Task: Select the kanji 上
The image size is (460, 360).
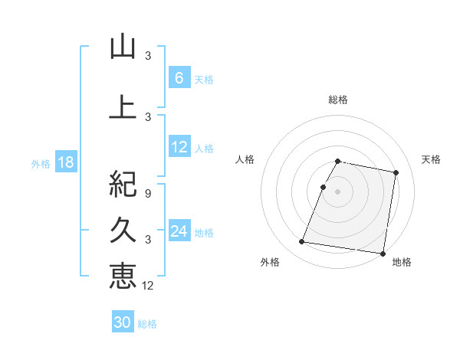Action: (x=123, y=107)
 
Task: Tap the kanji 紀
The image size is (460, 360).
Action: (x=123, y=184)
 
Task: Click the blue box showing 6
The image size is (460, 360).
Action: (x=179, y=78)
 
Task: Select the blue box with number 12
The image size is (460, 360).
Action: (x=179, y=148)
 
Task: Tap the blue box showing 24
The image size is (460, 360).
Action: (x=179, y=232)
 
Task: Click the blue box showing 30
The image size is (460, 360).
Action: (x=123, y=323)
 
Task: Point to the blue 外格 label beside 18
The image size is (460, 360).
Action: (x=40, y=164)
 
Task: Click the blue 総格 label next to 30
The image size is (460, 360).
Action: (x=147, y=324)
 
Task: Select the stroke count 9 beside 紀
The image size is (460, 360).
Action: (x=148, y=194)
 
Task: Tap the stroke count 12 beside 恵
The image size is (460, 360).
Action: (x=148, y=286)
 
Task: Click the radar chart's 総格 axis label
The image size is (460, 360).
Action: (x=338, y=100)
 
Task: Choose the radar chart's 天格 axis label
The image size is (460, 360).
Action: (x=432, y=159)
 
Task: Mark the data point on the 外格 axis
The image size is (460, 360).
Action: (x=302, y=242)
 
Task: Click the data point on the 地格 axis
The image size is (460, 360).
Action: (x=382, y=253)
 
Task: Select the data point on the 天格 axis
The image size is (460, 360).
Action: (x=396, y=173)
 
